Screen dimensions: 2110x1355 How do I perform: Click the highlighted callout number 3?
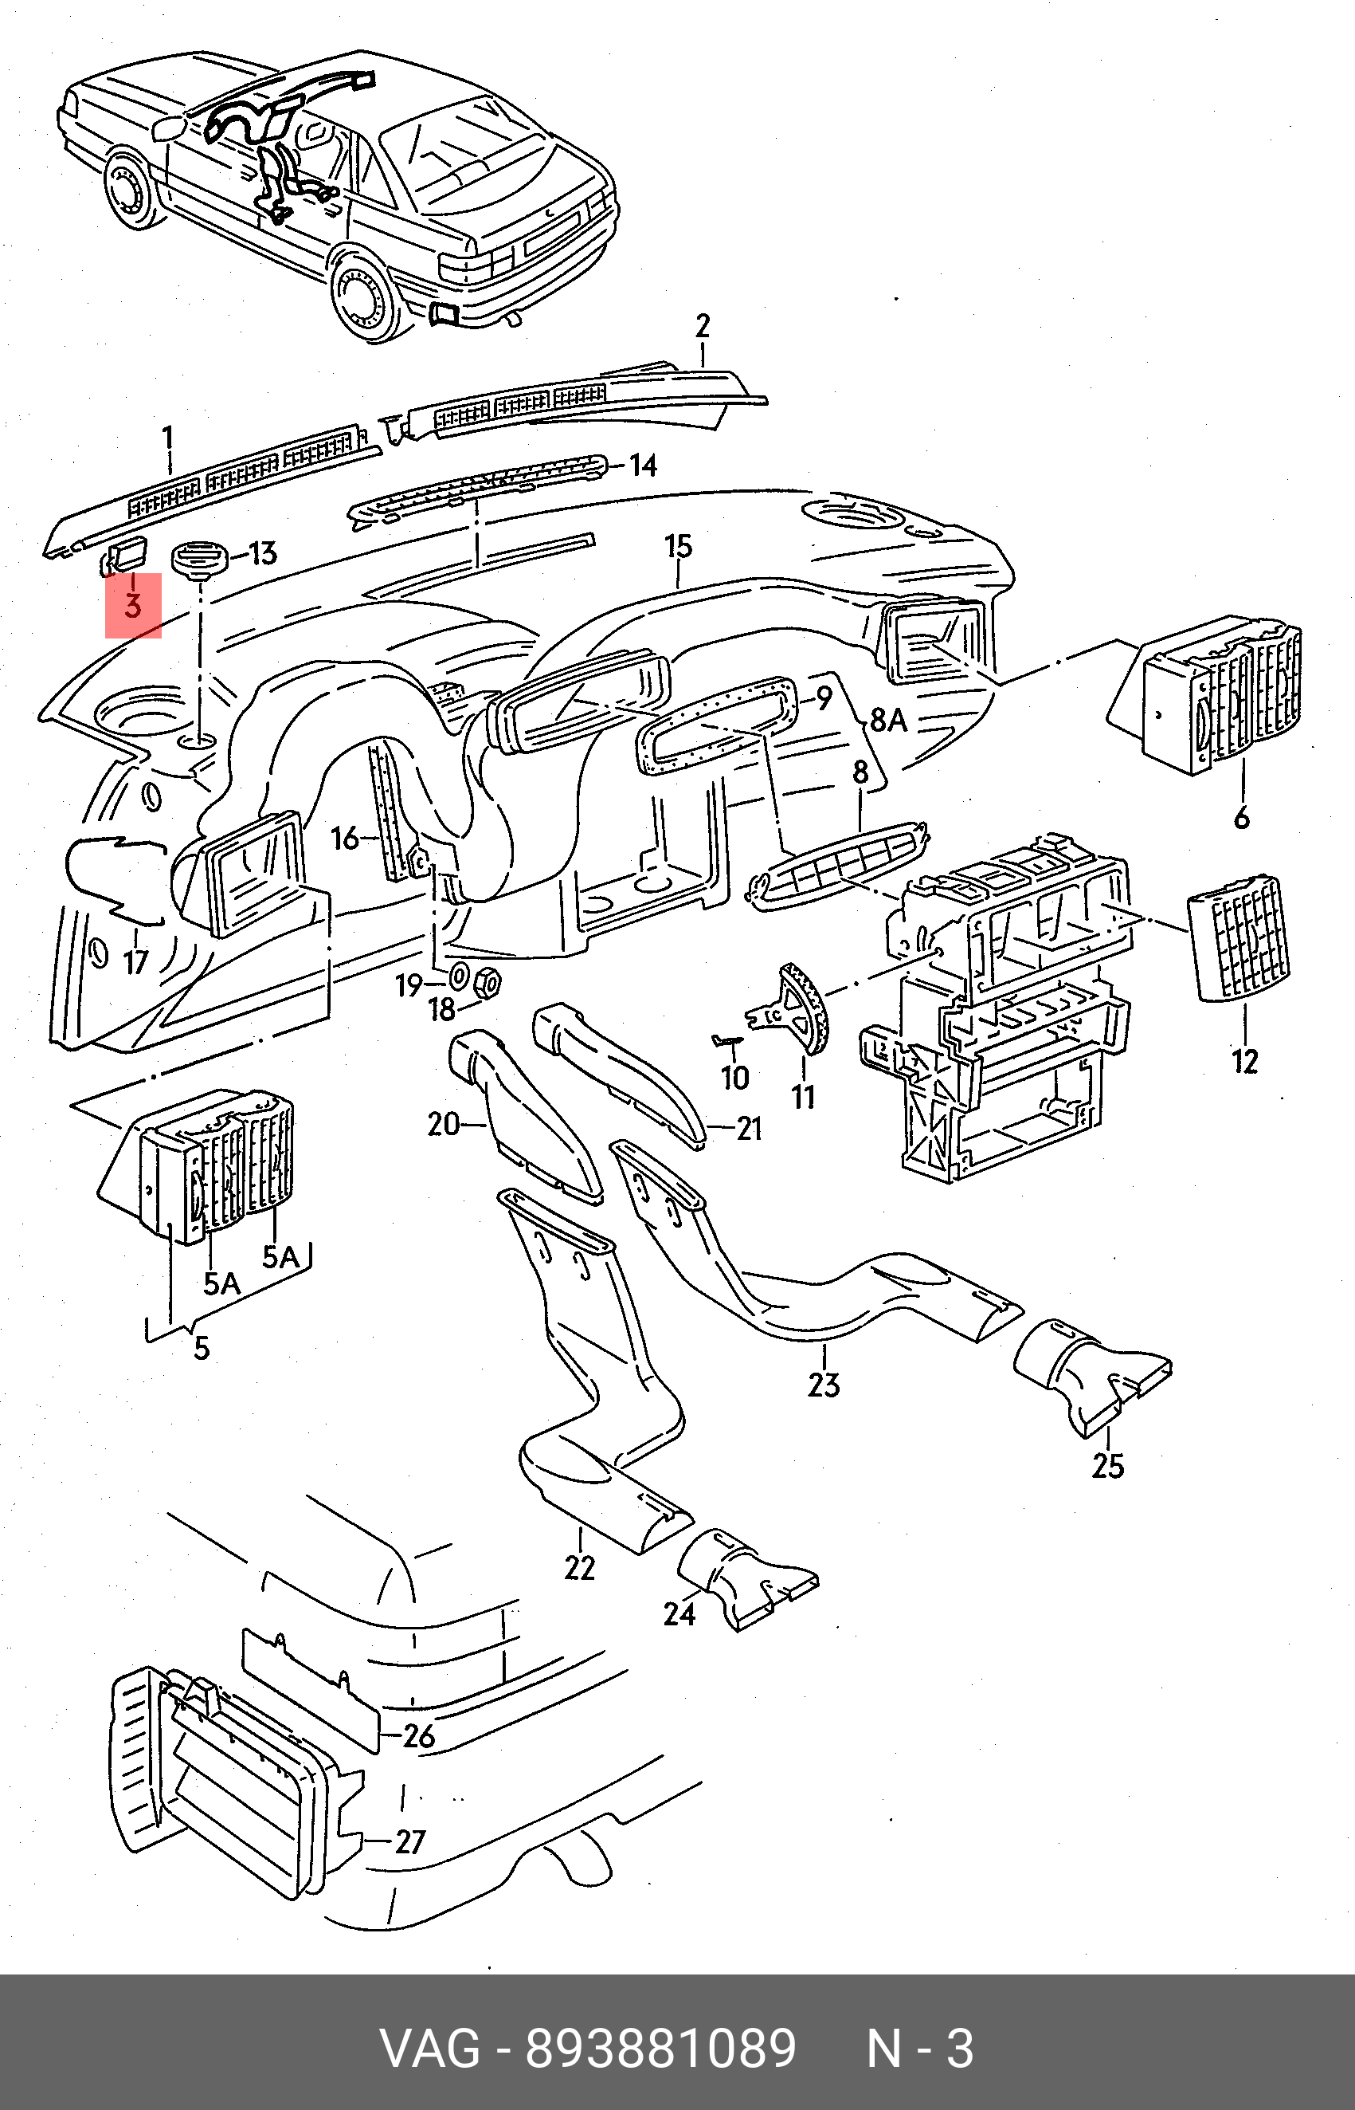pyautogui.click(x=133, y=605)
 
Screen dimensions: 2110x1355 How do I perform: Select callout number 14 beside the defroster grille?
pyautogui.click(x=643, y=465)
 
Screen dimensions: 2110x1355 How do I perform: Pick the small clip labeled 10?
pyautogui.click(x=726, y=1041)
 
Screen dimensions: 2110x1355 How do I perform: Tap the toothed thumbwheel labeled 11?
pyautogui.click(x=806, y=1007)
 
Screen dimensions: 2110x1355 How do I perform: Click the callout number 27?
pyautogui.click(x=410, y=1841)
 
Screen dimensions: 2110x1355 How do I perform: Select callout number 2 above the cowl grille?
pyautogui.click(x=701, y=326)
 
